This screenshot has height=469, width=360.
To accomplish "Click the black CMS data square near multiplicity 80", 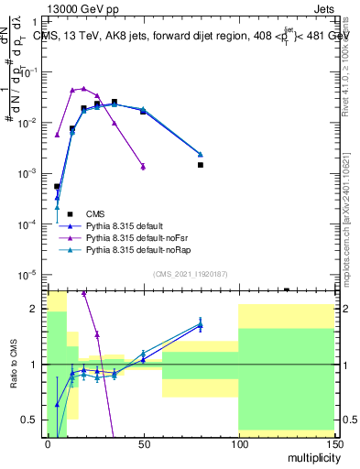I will click(200, 165).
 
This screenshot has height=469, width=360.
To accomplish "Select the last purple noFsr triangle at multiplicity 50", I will click(143, 166).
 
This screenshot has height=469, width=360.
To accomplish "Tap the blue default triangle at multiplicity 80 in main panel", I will click(201, 154).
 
